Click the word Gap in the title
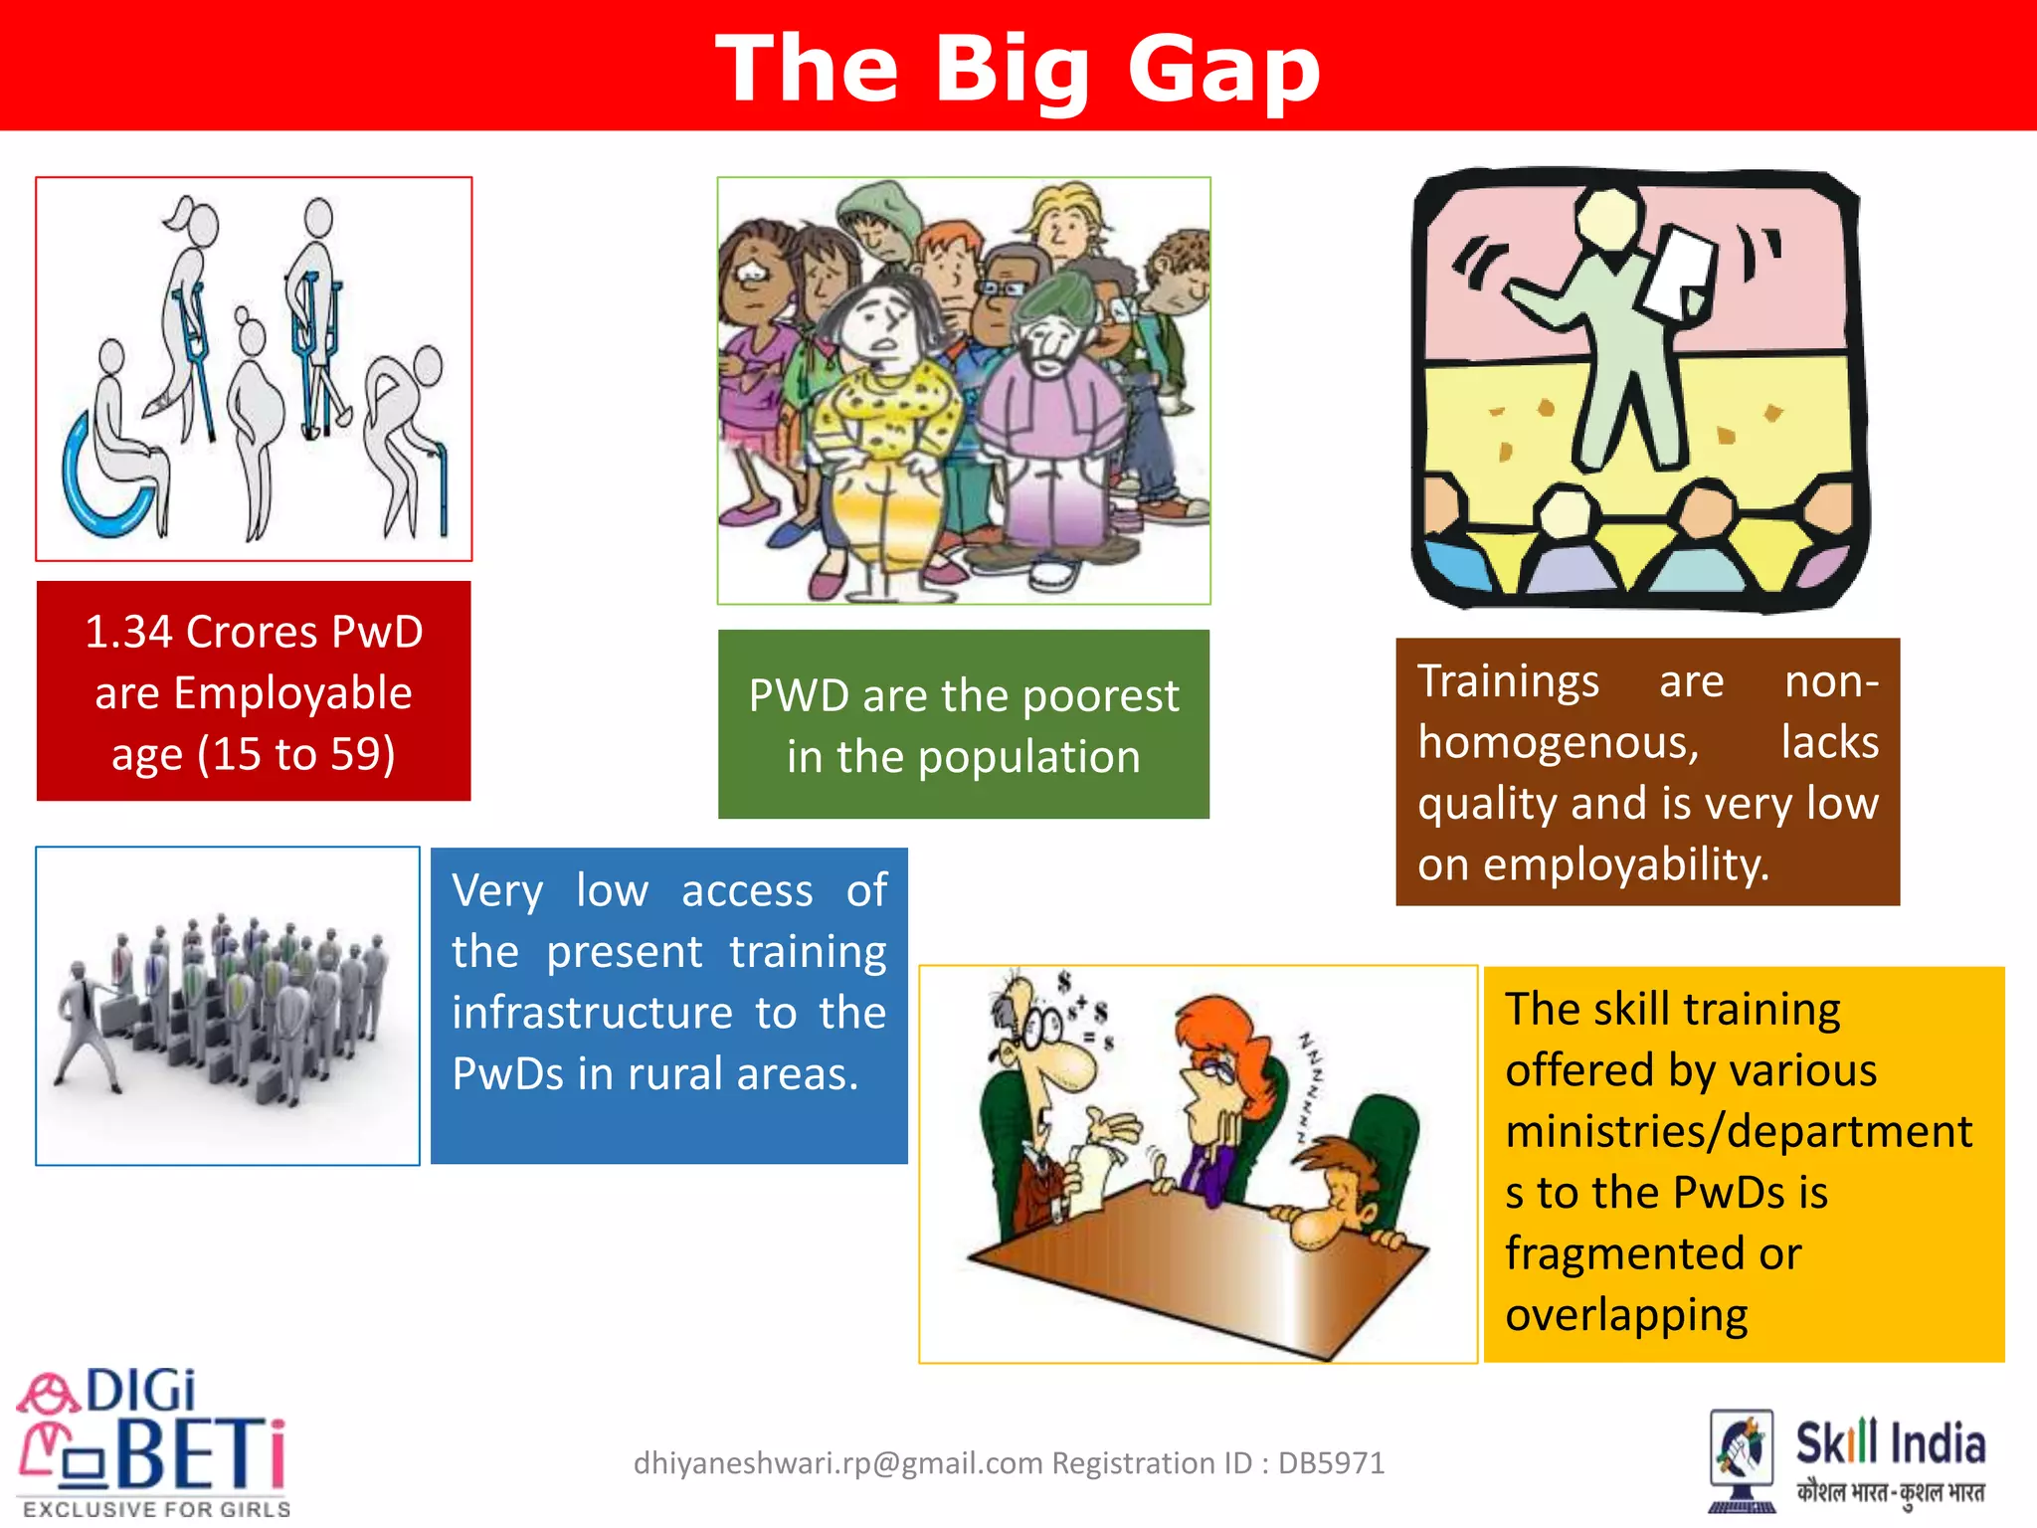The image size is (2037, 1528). coord(1223,70)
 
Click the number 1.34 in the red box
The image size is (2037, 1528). coord(128,633)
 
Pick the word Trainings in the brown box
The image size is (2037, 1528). coord(1508,682)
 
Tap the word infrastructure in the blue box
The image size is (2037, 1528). coord(593,1014)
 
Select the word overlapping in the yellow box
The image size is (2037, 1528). coord(1626,1316)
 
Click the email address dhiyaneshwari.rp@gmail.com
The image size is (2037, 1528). coord(837,1463)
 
